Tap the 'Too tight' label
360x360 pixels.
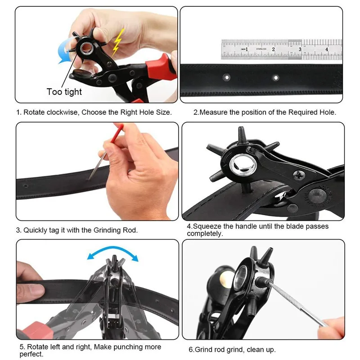point(64,92)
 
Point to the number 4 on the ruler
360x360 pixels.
point(327,49)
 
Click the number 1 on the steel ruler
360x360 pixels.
point(247,49)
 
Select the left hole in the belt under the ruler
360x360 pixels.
point(226,77)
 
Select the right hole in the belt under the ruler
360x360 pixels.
point(275,78)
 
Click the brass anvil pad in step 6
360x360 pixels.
point(223,280)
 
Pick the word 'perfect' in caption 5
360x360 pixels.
point(31,354)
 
